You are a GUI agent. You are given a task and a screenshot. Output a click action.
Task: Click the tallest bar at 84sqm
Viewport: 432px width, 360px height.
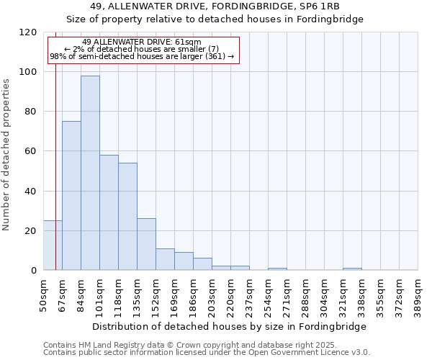(90, 173)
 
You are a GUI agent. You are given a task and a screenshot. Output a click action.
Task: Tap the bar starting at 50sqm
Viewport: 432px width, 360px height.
(53, 246)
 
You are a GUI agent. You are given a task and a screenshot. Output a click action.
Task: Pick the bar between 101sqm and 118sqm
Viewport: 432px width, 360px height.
(109, 212)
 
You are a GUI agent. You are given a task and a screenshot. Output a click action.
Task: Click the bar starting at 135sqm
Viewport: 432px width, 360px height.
(146, 244)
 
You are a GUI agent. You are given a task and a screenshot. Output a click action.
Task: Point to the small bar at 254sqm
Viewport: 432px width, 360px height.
(277, 269)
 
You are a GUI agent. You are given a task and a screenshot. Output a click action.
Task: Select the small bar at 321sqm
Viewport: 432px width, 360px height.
(352, 269)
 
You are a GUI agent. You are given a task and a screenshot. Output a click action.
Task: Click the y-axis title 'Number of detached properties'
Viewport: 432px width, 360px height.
(6, 155)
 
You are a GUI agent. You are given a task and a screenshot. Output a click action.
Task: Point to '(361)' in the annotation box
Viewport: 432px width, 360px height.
(214, 56)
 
